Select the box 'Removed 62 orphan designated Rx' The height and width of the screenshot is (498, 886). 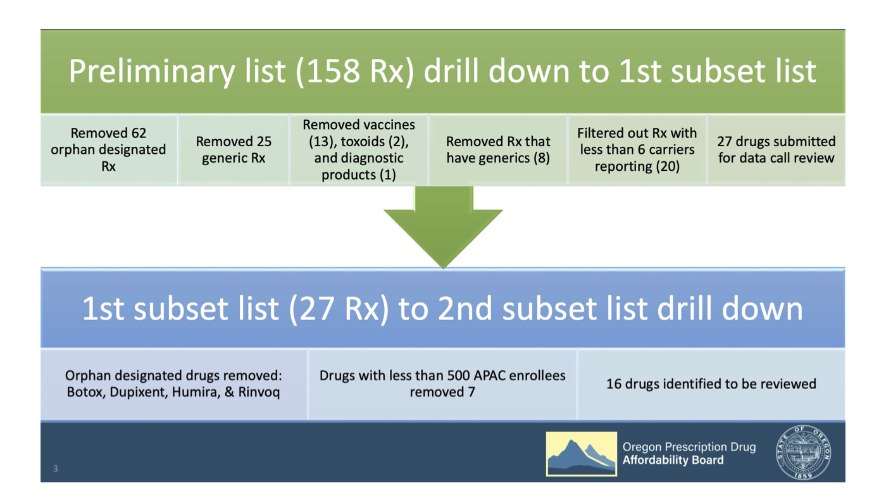[108, 150]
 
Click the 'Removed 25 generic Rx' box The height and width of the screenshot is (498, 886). [234, 150]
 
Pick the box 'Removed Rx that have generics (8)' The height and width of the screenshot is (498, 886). [498, 150]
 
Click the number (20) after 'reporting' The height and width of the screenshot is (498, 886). [668, 166]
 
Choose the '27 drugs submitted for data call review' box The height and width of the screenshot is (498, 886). [776, 150]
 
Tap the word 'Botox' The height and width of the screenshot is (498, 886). [86, 392]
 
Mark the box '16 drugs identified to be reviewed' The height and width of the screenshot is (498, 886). [711, 384]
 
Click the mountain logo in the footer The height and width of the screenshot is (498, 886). [582, 454]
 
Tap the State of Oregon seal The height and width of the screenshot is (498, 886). [803, 452]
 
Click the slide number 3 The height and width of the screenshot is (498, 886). [56, 469]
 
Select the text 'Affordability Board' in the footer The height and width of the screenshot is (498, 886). [673, 460]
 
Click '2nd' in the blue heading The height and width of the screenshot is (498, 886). [465, 309]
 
